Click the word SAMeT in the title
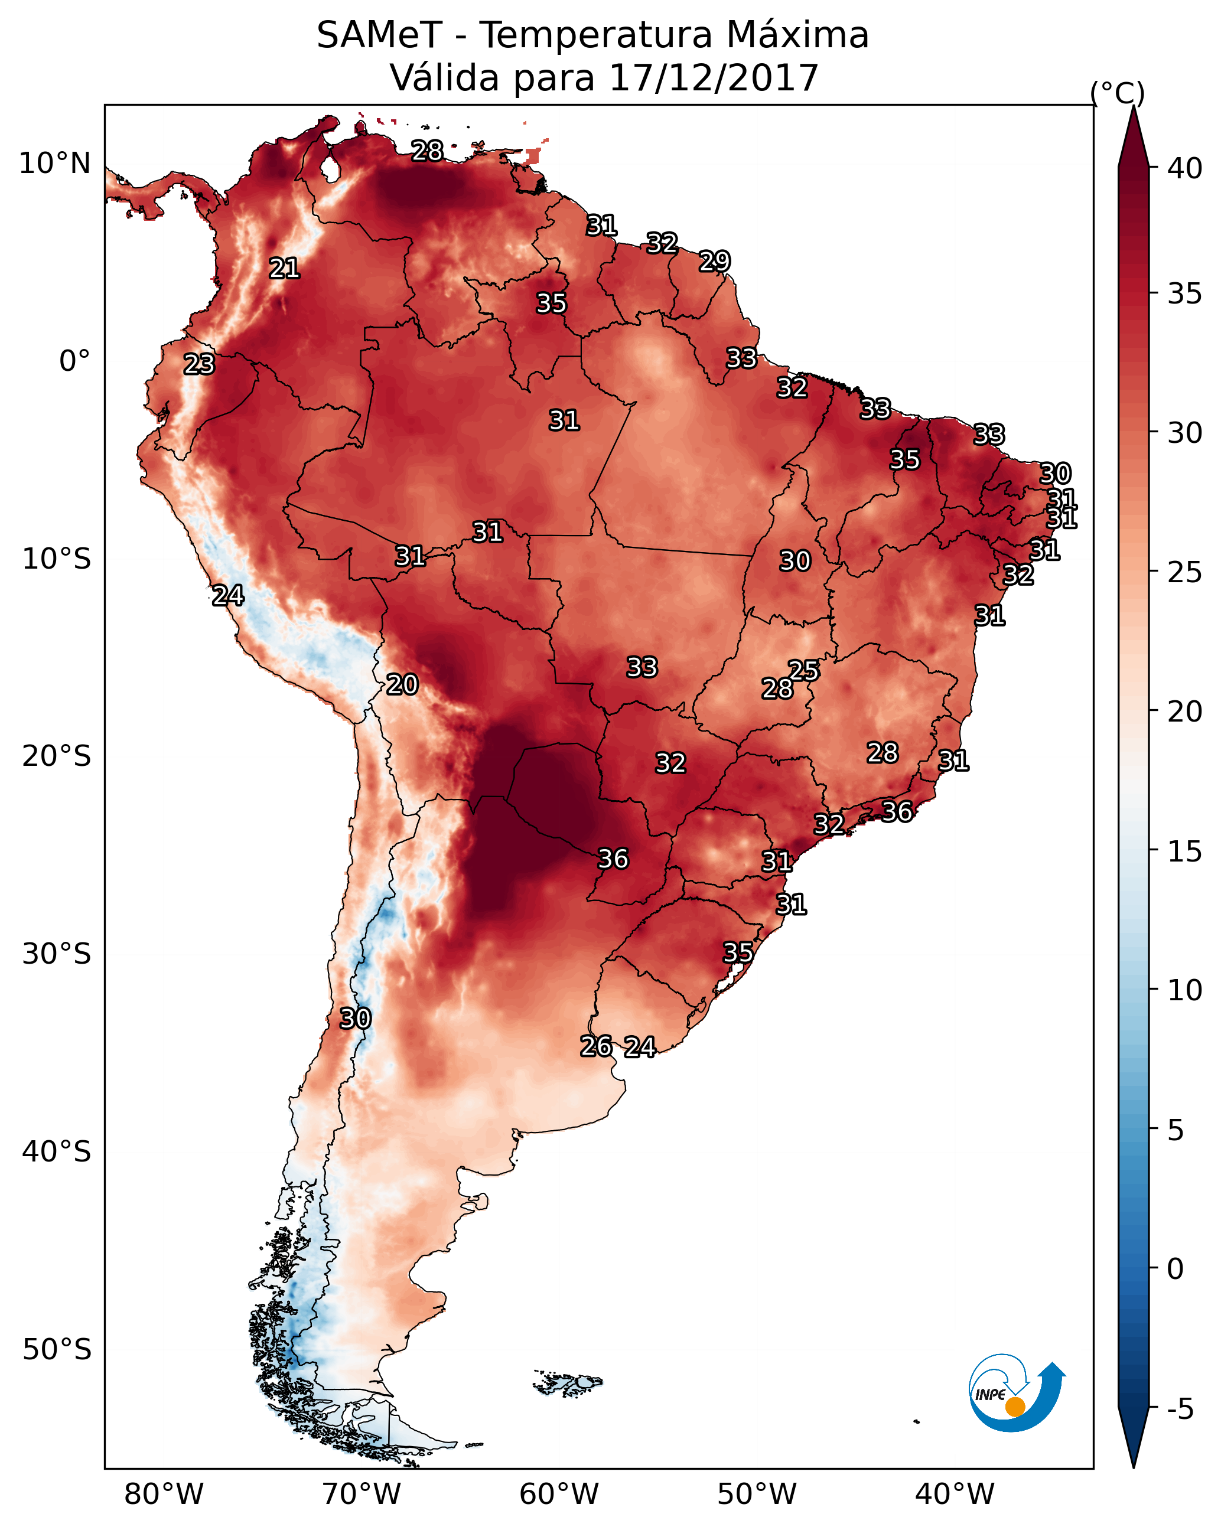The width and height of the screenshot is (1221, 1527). pyautogui.click(x=379, y=35)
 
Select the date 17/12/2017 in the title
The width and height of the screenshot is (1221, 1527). pyautogui.click(x=714, y=78)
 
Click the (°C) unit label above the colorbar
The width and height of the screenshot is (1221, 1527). pyautogui.click(x=1118, y=93)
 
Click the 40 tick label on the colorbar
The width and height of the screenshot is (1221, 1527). pyautogui.click(x=1185, y=168)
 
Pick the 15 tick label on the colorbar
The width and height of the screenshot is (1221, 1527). pyautogui.click(x=1185, y=851)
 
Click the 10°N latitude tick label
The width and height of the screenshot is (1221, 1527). pyautogui.click(x=54, y=164)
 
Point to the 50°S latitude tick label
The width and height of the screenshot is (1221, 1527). pyautogui.click(x=57, y=1350)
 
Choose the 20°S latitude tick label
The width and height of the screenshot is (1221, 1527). pyautogui.click(x=57, y=756)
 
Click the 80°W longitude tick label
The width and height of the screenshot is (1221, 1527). pyautogui.click(x=164, y=1495)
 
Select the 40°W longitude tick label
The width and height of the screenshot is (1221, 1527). pyautogui.click(x=955, y=1495)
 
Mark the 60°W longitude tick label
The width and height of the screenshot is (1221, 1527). pyautogui.click(x=559, y=1495)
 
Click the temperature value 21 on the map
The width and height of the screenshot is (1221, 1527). pyautogui.click(x=284, y=269)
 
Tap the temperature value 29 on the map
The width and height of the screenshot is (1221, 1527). pyautogui.click(x=714, y=262)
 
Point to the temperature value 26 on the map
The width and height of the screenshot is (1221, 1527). pyautogui.click(x=596, y=1046)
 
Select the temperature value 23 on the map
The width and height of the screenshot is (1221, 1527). pyautogui.click(x=199, y=364)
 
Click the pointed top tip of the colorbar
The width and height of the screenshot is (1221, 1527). pyautogui.click(x=1134, y=106)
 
